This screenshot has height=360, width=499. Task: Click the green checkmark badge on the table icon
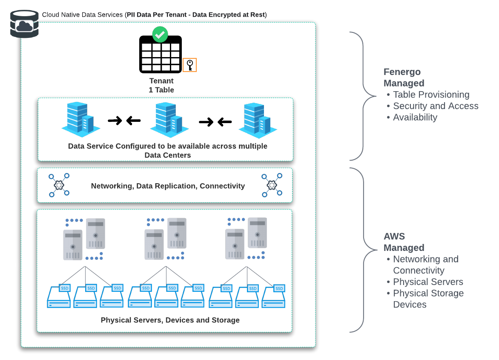tap(160, 34)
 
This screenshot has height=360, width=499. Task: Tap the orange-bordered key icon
tap(190, 65)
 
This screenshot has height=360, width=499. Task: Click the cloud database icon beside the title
tap(24, 25)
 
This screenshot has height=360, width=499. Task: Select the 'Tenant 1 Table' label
tap(161, 85)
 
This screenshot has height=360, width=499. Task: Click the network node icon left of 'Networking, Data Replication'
tap(59, 185)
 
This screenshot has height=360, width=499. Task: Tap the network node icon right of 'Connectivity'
tap(272, 185)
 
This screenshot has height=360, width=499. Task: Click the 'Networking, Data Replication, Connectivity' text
tap(168, 186)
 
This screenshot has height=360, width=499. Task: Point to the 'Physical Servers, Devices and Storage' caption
tap(170, 320)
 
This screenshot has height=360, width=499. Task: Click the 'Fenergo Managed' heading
tap(404, 78)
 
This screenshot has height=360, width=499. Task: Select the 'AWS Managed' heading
tap(404, 242)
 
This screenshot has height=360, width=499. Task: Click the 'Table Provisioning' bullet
tap(431, 95)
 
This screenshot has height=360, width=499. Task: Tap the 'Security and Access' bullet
tap(436, 106)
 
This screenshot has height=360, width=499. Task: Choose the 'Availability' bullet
tap(415, 118)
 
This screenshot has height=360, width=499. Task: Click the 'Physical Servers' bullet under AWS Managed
tap(428, 282)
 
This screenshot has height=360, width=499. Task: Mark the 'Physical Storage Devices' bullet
tap(428, 299)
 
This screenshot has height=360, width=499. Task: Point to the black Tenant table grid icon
tap(161, 55)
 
